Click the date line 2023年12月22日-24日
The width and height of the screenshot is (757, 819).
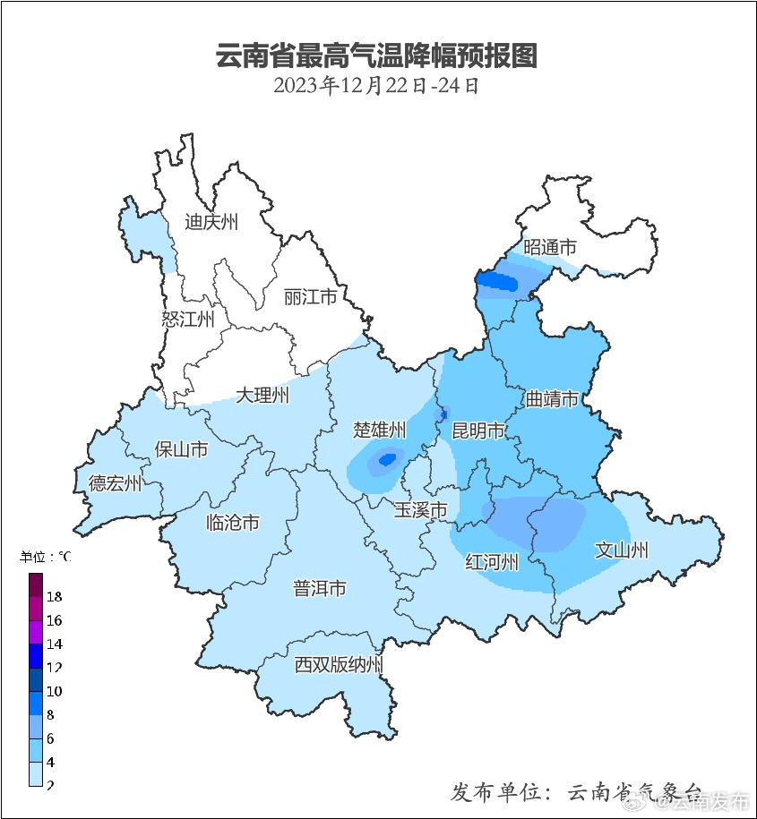[x=377, y=86]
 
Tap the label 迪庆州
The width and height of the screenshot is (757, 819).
[x=211, y=222]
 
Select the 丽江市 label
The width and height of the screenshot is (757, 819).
[x=310, y=296]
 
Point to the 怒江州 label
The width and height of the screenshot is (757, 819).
[x=188, y=319]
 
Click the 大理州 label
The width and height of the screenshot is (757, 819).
[x=262, y=395]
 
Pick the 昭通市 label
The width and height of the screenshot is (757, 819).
[x=550, y=247]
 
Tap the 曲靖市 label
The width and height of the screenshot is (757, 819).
[x=552, y=399]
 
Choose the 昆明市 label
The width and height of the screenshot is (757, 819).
[x=478, y=431]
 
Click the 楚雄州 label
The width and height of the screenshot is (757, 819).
[x=380, y=430]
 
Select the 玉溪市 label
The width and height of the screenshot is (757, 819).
[x=421, y=510]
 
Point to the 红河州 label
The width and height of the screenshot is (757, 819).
[x=492, y=562]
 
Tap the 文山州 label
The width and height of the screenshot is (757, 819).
[x=622, y=550]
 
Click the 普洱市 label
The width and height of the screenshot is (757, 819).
[x=320, y=588]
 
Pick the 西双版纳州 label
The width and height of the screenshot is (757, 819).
[x=340, y=665]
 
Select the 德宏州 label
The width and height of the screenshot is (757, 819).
[x=115, y=483]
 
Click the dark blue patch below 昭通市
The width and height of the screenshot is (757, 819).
[x=495, y=283]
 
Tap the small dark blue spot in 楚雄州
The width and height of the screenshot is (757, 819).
[x=387, y=459]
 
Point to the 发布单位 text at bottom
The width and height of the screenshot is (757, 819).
[x=498, y=792]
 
